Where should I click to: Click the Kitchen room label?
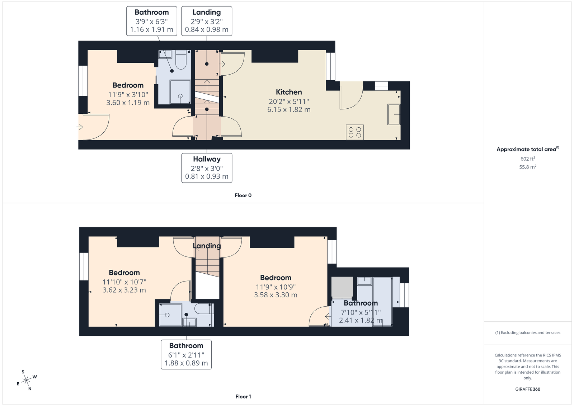[x=289, y=92]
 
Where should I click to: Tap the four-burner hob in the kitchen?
[x=355, y=132]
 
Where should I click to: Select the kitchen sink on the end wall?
[x=394, y=114]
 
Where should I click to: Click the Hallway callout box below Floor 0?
[x=207, y=168]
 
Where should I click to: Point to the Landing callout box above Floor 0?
[x=207, y=21]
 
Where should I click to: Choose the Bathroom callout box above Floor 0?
[x=152, y=21]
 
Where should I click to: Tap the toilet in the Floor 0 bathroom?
[x=181, y=60]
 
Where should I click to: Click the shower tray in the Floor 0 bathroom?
[x=180, y=92]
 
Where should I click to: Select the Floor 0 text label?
[x=243, y=195]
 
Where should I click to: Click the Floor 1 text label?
[x=243, y=397]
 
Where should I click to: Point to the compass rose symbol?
[x=27, y=380]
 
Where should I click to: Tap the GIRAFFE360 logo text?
[x=528, y=389]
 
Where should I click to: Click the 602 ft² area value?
[x=528, y=159]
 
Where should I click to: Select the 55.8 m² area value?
[x=528, y=167]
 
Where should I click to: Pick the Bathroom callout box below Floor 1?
[x=186, y=354]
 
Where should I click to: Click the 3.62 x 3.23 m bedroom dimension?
[x=124, y=290]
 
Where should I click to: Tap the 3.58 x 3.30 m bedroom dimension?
[x=276, y=295]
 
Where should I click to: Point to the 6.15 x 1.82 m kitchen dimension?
[x=289, y=110]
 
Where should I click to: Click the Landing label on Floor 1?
[x=207, y=246]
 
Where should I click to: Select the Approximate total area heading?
[x=528, y=149]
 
